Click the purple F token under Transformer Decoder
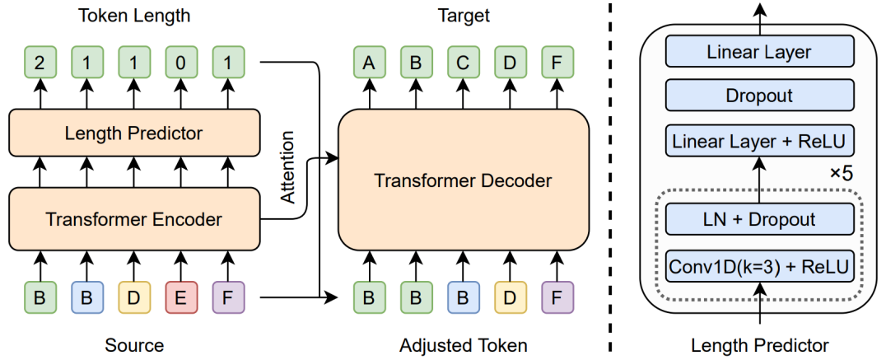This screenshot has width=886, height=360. tap(557, 297)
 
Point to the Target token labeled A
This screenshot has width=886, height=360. tap(369, 62)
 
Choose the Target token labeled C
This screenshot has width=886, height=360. tap(464, 62)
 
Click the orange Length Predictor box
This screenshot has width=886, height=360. tap(133, 133)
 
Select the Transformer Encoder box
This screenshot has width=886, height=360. tap(133, 219)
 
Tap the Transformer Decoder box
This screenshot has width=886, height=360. tap(463, 180)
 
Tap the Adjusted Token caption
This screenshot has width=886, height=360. tap(463, 344)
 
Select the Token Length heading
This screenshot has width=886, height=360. tap(133, 15)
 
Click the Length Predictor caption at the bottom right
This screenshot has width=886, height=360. tap(759, 344)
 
